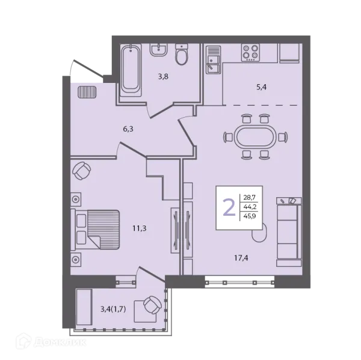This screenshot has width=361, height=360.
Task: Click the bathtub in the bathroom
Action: pos(131,70)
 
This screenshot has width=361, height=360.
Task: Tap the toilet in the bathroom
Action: pos(182,54)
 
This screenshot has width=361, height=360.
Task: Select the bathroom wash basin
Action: pos(159,49)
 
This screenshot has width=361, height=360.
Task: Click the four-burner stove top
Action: pos(250,53)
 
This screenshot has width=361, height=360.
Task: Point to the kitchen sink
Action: pos(214,60)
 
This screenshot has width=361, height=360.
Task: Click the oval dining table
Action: pos(255,138)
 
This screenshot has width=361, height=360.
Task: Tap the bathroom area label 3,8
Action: pos(163,76)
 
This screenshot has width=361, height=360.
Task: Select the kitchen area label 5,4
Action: pos(261,87)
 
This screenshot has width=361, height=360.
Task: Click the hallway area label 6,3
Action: pos(128,129)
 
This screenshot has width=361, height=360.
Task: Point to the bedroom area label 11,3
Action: pos(140,228)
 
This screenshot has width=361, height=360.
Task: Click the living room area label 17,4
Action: pos(241,258)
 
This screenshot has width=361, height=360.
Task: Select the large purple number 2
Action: pos(229,207)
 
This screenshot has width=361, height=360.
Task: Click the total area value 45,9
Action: pos(250,216)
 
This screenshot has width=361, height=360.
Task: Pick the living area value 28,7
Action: pos(250,197)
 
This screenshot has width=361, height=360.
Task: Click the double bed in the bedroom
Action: pos(95,230)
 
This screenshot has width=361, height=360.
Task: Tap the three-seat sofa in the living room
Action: pos(289,232)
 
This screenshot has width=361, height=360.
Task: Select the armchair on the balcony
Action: pos(152,305)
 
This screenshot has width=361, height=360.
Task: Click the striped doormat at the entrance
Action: pos(87,92)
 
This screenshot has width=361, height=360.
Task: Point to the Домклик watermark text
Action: pos(60,343)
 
